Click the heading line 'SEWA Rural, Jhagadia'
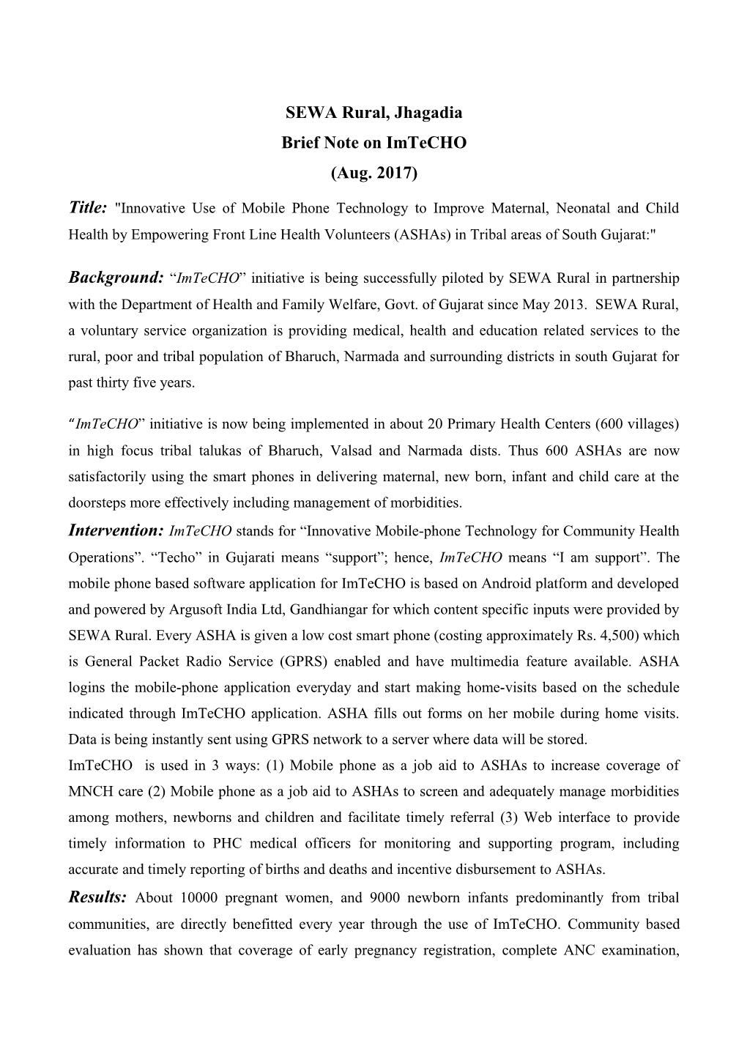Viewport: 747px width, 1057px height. (x=373, y=114)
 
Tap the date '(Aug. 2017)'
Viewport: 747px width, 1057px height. (x=373, y=173)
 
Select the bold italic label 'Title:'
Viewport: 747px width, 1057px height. (x=89, y=208)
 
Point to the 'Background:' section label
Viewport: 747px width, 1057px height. (x=116, y=278)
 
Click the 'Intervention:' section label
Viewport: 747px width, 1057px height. (x=115, y=530)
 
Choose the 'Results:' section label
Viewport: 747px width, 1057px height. (x=98, y=897)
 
